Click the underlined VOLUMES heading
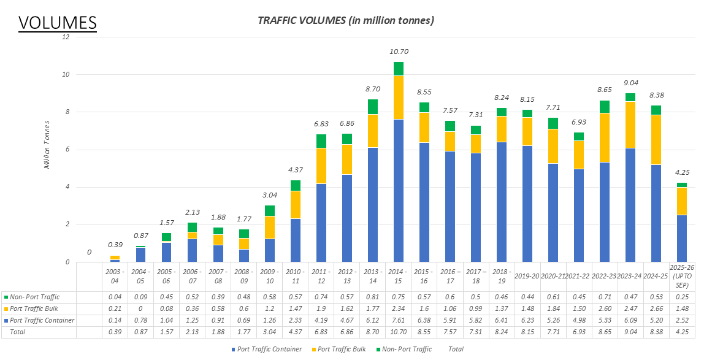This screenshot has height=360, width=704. [x=58, y=22]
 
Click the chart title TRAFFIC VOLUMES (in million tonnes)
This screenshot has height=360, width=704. [x=346, y=20]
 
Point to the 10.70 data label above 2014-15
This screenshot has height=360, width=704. [x=399, y=52]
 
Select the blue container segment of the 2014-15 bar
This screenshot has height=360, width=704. [x=399, y=190]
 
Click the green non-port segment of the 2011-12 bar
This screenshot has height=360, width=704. [x=321, y=141]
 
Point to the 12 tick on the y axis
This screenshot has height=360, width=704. [x=66, y=37]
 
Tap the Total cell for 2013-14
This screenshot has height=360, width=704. [x=373, y=332]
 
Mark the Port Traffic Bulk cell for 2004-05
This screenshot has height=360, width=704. [x=140, y=309]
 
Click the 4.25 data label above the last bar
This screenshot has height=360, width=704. [x=682, y=172]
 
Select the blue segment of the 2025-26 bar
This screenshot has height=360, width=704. [x=682, y=238]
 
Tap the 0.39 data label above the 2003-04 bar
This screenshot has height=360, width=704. [x=115, y=245]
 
